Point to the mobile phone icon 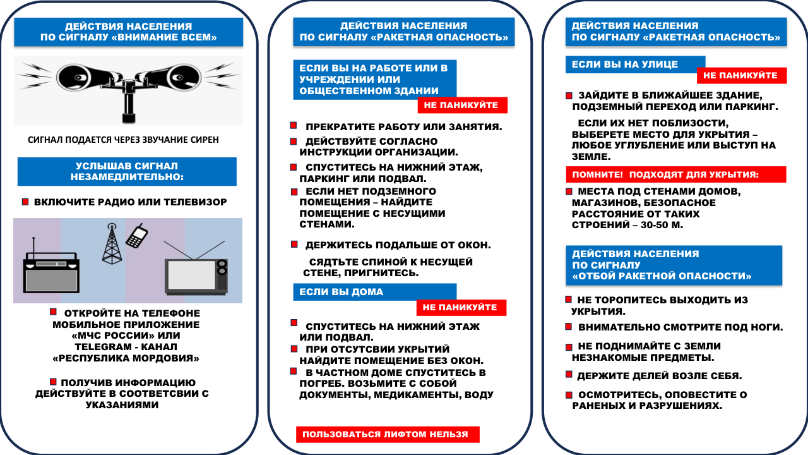pos(137,236)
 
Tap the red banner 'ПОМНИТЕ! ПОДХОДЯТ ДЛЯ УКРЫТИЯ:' pos(675,174)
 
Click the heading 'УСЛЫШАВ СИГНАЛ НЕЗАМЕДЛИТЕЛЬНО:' pos(127,171)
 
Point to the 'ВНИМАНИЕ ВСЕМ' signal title pos(129,32)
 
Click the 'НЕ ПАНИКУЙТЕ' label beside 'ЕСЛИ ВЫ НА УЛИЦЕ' pos(742,75)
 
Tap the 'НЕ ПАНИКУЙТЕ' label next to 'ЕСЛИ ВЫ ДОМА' pos(461,308)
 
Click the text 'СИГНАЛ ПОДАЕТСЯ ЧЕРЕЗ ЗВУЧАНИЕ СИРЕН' pos(124,140)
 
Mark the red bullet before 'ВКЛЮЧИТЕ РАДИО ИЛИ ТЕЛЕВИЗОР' pos(25,202)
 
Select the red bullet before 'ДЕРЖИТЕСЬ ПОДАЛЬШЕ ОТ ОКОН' pos(294,244)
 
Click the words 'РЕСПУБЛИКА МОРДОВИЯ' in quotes pos(126,358)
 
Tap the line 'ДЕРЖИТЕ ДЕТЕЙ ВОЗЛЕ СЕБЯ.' pos(660,376)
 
